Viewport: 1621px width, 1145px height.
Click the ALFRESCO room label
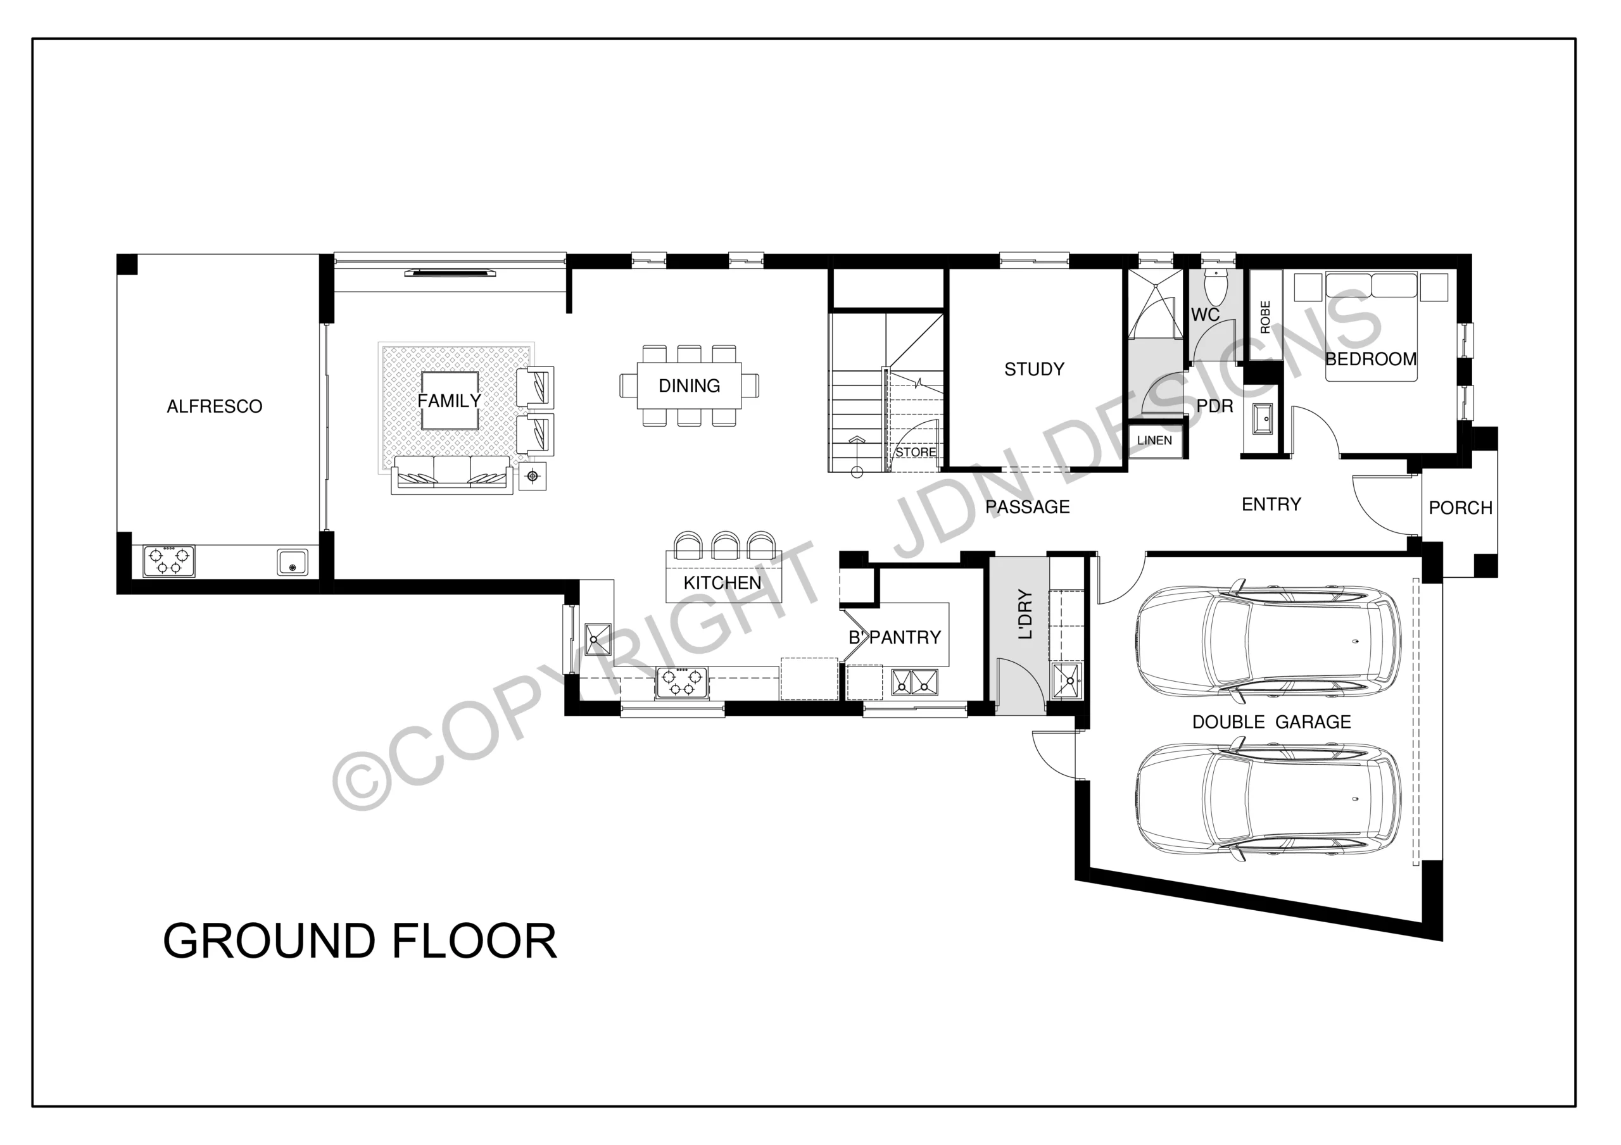click(215, 406)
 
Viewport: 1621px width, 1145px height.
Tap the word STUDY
click(1034, 369)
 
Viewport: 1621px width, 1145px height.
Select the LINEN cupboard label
click(1154, 441)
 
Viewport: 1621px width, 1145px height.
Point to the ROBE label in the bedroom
click(1265, 317)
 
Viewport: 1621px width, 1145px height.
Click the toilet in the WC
click(1216, 285)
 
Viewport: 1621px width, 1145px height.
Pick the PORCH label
click(1460, 508)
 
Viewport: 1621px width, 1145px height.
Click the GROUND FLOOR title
click(360, 941)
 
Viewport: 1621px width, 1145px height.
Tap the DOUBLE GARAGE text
click(1271, 722)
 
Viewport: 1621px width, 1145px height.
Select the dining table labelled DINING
click(689, 385)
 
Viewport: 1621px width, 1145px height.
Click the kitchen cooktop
click(682, 682)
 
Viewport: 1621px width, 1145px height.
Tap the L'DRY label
click(1025, 614)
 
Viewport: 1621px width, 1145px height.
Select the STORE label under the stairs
click(916, 453)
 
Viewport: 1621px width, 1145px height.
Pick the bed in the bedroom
click(1371, 327)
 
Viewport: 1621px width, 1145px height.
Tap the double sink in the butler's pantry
click(914, 682)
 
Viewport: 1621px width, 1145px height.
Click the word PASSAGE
click(1027, 507)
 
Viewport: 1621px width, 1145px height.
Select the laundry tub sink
click(1067, 680)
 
